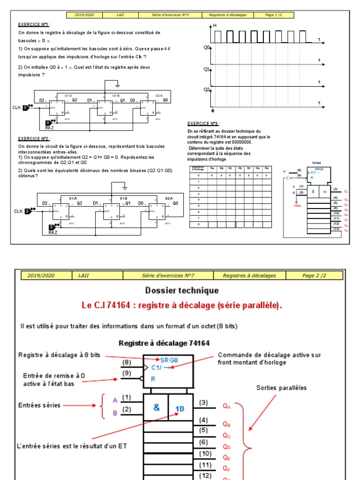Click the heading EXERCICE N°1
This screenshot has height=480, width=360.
[x=33, y=24]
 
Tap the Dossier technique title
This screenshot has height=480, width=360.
[x=182, y=291]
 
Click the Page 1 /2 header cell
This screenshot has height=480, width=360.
[x=274, y=15]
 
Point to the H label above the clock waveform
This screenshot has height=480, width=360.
[x=215, y=25]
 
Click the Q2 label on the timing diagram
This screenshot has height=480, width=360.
[x=206, y=89]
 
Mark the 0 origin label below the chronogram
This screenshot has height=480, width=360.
[x=212, y=111]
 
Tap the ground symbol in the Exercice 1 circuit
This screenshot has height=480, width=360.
[x=117, y=86]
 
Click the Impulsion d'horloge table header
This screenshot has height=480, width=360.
[x=197, y=169]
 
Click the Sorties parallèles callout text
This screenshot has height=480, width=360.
[x=281, y=388]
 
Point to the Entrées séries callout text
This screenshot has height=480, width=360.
[x=39, y=405]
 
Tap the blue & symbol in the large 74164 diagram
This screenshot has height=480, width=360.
[x=156, y=407]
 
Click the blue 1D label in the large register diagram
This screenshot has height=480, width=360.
[x=180, y=408]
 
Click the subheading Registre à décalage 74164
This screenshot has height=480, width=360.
[x=164, y=343]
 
